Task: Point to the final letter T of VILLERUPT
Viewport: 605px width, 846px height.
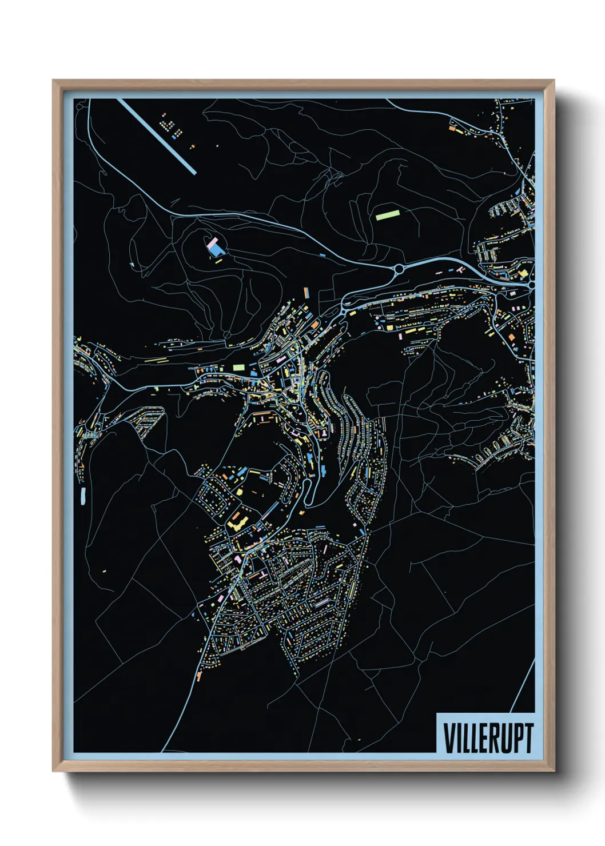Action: (528, 738)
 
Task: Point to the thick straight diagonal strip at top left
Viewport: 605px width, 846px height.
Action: (157, 136)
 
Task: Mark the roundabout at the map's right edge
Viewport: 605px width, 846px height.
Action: (532, 284)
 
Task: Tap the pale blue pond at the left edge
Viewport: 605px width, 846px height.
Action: (83, 496)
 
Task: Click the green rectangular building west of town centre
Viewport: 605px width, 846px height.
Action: (239, 366)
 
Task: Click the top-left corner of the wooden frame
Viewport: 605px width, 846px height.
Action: (53, 81)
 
